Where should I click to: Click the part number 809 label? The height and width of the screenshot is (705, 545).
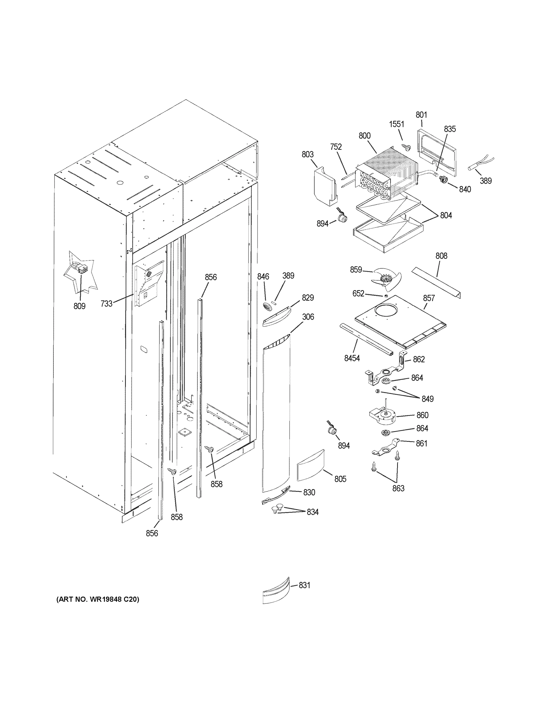tap(79, 306)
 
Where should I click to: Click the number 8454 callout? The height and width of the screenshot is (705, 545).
tap(352, 358)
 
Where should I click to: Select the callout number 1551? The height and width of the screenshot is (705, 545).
tap(396, 124)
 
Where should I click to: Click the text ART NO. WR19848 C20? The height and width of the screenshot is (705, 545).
tap(98, 599)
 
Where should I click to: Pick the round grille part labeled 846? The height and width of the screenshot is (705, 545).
tap(268, 307)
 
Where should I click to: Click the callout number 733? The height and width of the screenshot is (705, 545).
tap(106, 303)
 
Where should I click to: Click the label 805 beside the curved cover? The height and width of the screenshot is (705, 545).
tap(340, 479)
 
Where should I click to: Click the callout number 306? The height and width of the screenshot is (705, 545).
tap(308, 317)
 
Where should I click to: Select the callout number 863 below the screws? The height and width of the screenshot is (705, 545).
tap(398, 489)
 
